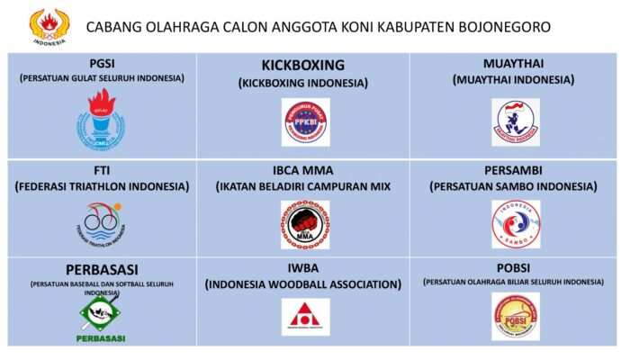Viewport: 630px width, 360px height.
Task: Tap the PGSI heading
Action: point(101,63)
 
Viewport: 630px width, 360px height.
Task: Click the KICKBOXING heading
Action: point(302,66)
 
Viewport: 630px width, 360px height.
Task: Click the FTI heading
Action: point(101,170)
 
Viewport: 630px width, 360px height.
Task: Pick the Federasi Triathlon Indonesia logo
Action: point(101,223)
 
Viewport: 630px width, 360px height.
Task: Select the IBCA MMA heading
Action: point(302,170)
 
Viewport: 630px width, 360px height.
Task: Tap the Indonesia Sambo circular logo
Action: point(516,224)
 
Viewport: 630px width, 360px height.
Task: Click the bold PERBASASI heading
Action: point(102,270)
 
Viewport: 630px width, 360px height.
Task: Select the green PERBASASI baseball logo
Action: point(101,317)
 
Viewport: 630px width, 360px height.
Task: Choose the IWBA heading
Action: point(302,268)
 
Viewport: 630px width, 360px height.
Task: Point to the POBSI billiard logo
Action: point(516,317)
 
